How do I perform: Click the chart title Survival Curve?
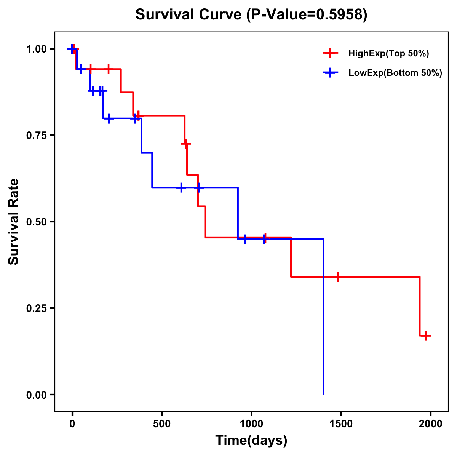[189, 15]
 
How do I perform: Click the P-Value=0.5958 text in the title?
[307, 15]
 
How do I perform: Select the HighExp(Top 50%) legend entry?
[388, 54]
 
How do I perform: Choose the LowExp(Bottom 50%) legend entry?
[395, 73]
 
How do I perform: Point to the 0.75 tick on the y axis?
[37, 135]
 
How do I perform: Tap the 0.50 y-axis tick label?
[37, 222]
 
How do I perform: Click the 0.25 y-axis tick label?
[37, 308]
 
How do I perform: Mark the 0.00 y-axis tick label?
[37, 395]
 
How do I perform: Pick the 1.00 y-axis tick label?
[37, 49]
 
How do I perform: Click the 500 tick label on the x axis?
[162, 424]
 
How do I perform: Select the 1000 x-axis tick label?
[251, 424]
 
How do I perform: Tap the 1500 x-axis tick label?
[341, 424]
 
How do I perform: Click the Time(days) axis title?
[251, 440]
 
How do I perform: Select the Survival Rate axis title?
[14, 222]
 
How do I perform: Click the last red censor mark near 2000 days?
[426, 336]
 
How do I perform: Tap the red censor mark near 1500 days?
[337, 277]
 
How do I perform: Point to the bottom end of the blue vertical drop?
[323, 394]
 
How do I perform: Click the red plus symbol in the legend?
[330, 54]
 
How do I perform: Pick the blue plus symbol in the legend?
[330, 73]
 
